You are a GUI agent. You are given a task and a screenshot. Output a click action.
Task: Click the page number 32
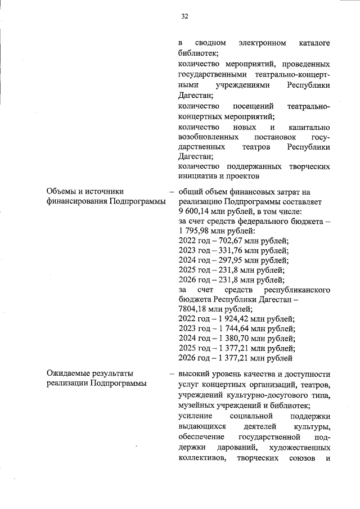184,16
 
